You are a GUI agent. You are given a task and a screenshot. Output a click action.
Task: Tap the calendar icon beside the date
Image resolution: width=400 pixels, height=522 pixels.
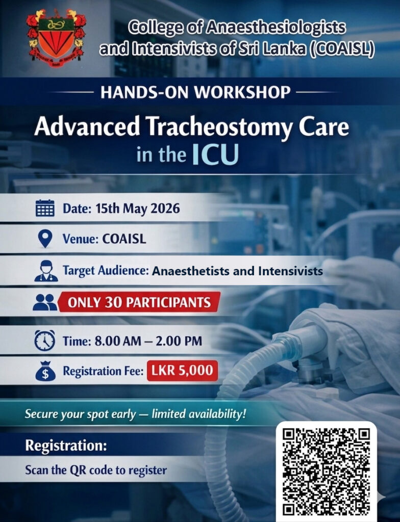(45, 209)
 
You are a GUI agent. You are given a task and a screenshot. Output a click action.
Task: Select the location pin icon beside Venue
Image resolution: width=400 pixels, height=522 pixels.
(45, 239)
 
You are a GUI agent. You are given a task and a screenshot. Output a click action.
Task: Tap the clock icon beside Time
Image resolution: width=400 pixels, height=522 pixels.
(45, 341)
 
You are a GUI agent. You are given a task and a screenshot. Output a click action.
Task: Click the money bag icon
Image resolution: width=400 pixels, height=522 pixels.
(45, 371)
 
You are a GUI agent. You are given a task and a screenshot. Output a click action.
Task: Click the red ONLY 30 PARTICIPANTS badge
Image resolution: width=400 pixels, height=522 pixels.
(139, 302)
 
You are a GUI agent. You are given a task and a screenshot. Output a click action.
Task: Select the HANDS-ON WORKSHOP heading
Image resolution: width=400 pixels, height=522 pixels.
(195, 92)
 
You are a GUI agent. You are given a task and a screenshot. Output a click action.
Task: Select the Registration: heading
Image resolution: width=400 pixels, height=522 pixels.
(66, 445)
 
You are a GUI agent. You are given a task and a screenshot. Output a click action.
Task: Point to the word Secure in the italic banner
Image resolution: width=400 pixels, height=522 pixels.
(42, 413)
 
